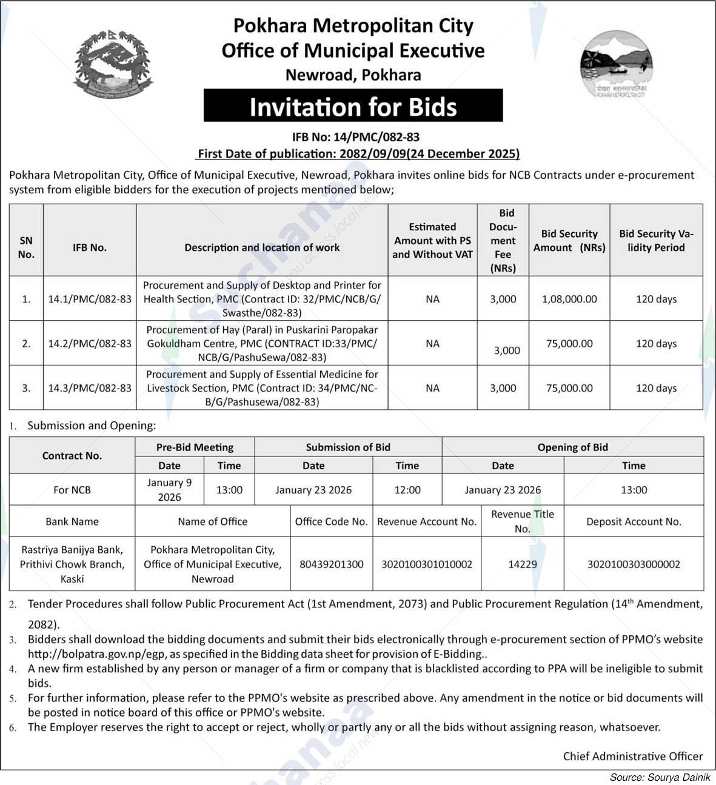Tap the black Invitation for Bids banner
pos(353,106)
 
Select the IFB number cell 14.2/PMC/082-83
pos(90,343)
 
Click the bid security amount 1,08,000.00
pos(569,299)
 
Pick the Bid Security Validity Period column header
pos(656,241)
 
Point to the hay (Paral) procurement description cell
pos(262,343)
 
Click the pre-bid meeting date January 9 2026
pos(169,490)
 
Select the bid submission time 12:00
pos(407,490)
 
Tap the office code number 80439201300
pos(331,564)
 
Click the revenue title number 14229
pos(523,564)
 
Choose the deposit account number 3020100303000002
pos(634,564)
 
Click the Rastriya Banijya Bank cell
pos(72,564)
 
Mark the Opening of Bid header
pos(572,447)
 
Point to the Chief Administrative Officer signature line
pos(632,756)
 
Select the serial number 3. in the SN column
pos(26,388)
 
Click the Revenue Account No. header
pos(427,521)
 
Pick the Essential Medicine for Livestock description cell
pos(262,388)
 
